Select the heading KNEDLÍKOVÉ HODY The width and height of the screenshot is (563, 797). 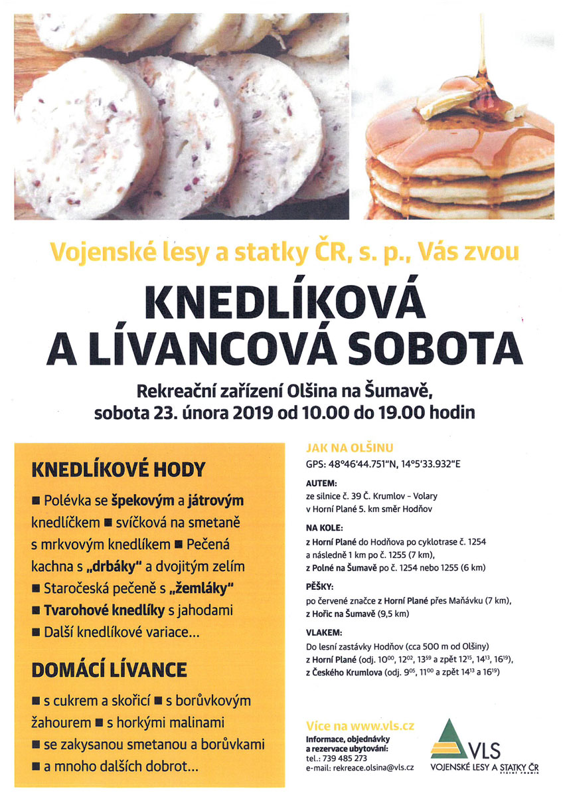[x=119, y=470]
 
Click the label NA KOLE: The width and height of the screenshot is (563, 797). [x=323, y=529]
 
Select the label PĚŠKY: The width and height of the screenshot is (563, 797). [x=319, y=588]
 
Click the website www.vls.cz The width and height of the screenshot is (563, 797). [x=382, y=727]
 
